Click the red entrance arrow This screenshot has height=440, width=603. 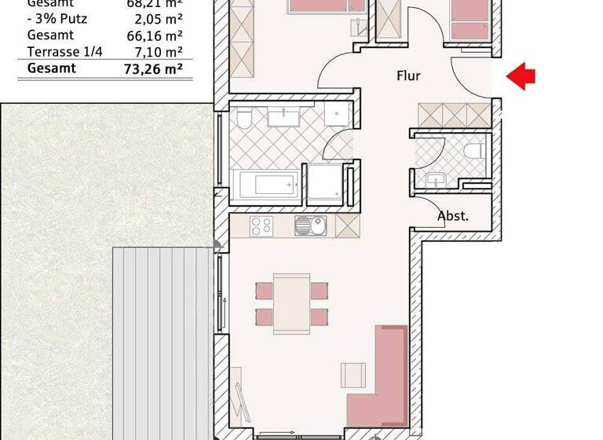pos(521,75)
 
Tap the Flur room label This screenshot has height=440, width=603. pos(407,76)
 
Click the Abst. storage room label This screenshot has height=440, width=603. pos(453,216)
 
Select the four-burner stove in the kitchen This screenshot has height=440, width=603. pos(261,226)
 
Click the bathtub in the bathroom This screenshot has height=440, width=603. pos(268,185)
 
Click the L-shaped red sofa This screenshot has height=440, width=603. pos(385,377)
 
